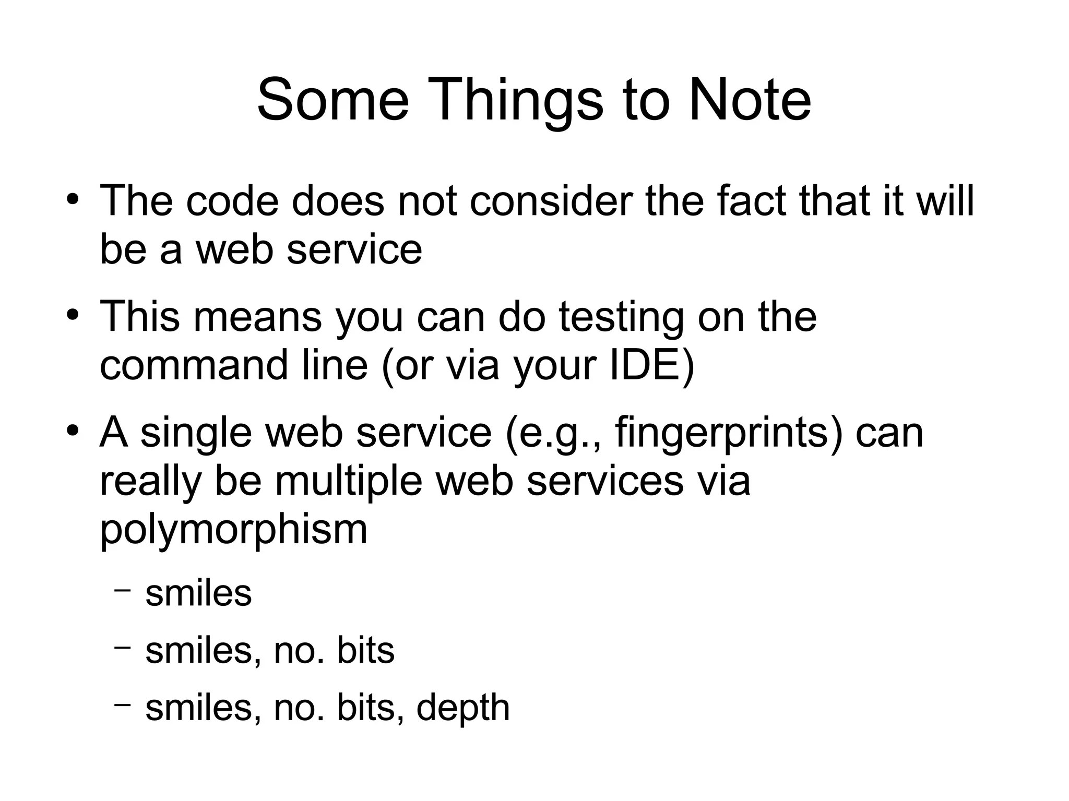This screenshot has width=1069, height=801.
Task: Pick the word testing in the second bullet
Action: pyautogui.click(x=621, y=317)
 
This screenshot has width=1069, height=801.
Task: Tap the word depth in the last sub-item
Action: pyautogui.click(x=462, y=708)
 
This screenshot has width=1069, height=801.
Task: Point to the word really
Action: pyautogui.click(x=150, y=482)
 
